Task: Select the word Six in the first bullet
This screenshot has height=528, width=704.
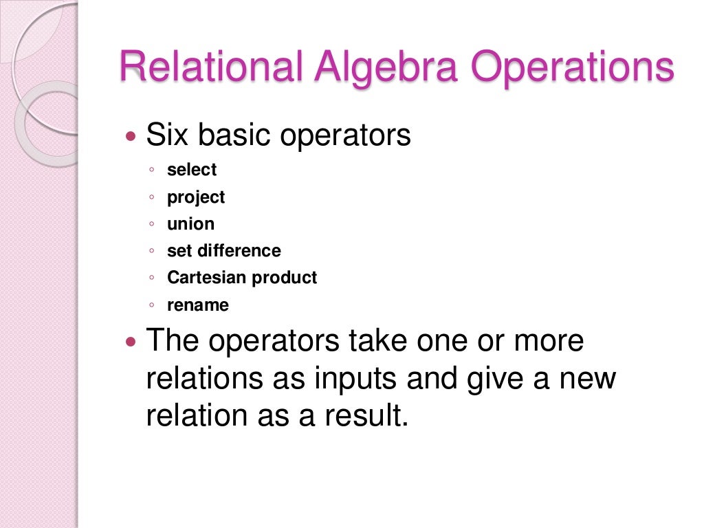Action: coord(168,135)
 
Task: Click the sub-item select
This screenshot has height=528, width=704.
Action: coord(192,170)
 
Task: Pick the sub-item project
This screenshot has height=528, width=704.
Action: coord(196,197)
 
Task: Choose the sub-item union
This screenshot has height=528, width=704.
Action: coord(190,224)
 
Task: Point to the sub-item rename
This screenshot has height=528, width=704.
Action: coord(198,305)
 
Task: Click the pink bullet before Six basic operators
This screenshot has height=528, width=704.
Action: coord(133,136)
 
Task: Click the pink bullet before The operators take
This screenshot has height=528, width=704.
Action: coord(133,342)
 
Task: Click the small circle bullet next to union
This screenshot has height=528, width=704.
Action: coord(151,225)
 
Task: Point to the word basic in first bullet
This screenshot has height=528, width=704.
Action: coord(237,135)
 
